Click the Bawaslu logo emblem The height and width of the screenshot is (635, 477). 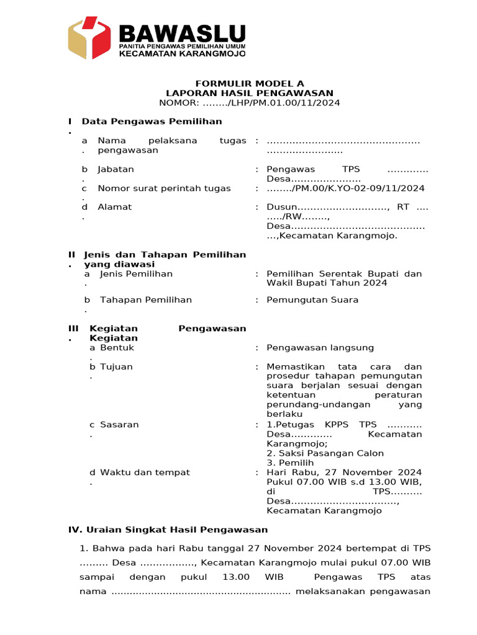89,38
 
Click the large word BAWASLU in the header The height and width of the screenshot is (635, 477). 181,33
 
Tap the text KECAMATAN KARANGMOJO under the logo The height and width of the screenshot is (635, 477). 181,54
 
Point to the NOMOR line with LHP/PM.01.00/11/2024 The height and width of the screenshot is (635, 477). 249,103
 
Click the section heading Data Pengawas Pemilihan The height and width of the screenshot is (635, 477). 152,121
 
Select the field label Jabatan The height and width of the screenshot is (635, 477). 116,169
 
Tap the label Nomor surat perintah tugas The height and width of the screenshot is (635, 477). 164,189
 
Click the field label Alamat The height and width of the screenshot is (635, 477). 114,207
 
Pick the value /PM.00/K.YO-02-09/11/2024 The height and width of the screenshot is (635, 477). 345,189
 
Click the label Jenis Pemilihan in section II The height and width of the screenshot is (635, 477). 136,274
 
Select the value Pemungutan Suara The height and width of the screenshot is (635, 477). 312,300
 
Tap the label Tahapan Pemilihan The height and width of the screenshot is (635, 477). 146,300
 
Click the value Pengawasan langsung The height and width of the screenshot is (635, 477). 320,348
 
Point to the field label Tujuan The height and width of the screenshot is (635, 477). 116,367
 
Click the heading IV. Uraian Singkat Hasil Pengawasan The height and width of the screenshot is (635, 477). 168,530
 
